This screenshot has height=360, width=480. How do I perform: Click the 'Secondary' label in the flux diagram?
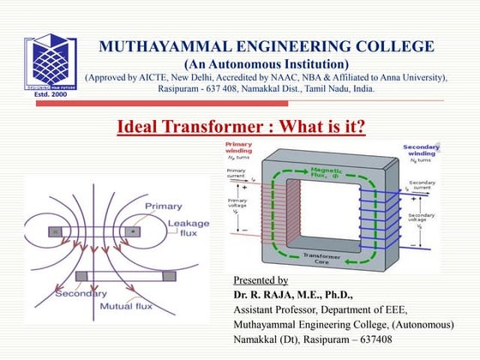pyautogui.click(x=81, y=294)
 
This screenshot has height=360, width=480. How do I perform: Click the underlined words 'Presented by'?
pyautogui.click(x=261, y=280)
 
